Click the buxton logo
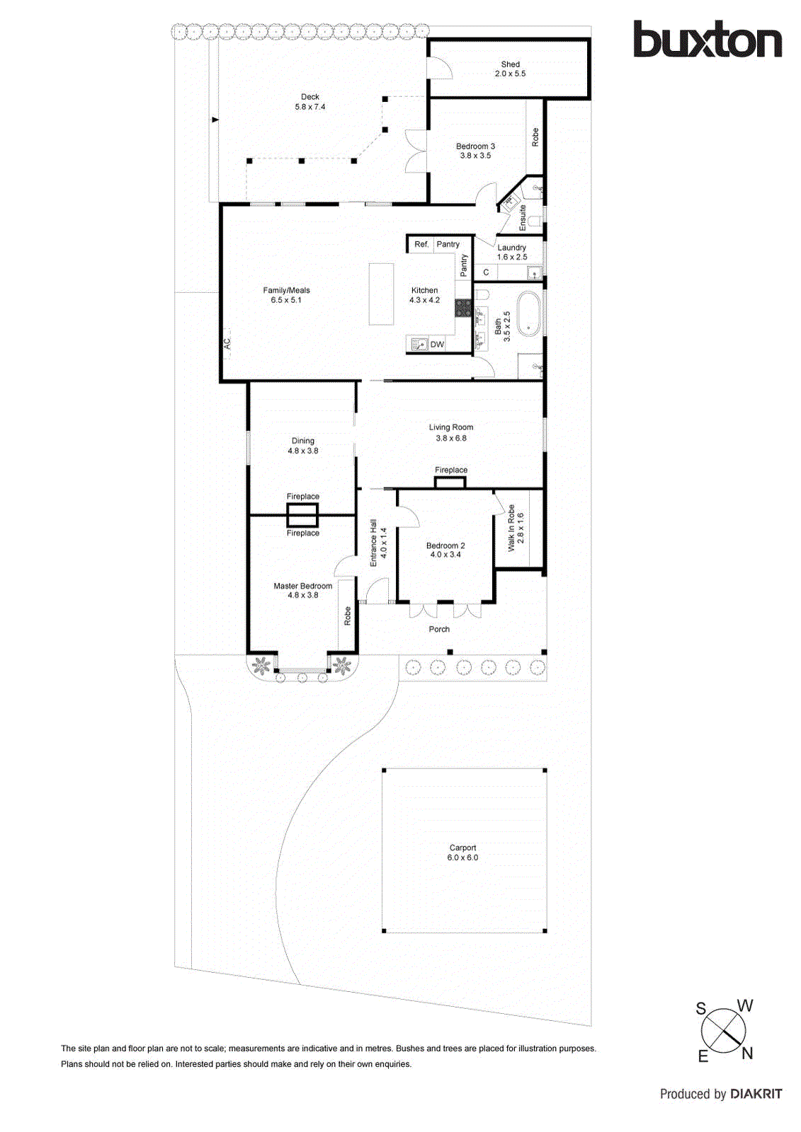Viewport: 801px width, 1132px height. click(x=707, y=40)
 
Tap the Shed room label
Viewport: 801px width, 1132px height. click(x=510, y=69)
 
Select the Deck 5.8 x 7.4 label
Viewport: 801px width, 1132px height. click(x=310, y=102)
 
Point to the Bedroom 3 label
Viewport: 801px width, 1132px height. click(x=475, y=151)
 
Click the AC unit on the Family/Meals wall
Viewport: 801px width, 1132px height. click(x=227, y=343)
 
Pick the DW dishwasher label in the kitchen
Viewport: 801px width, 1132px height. click(x=437, y=345)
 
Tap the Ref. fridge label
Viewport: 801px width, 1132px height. click(x=421, y=244)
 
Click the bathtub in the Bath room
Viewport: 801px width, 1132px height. click(x=528, y=313)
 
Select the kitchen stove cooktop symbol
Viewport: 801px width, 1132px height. click(x=463, y=308)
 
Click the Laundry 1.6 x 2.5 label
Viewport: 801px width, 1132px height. click(x=512, y=253)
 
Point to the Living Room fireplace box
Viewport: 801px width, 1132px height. click(x=450, y=483)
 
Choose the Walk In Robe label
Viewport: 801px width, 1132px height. click(x=516, y=528)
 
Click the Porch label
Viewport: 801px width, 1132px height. click(x=439, y=629)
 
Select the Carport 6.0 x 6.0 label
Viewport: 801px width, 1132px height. click(x=462, y=853)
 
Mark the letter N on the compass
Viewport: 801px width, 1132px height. click(x=746, y=1053)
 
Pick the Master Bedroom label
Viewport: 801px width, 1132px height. click(x=302, y=590)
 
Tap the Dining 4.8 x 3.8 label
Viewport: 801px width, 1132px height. click(x=302, y=446)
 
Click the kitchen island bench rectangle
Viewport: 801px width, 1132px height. click(x=381, y=294)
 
